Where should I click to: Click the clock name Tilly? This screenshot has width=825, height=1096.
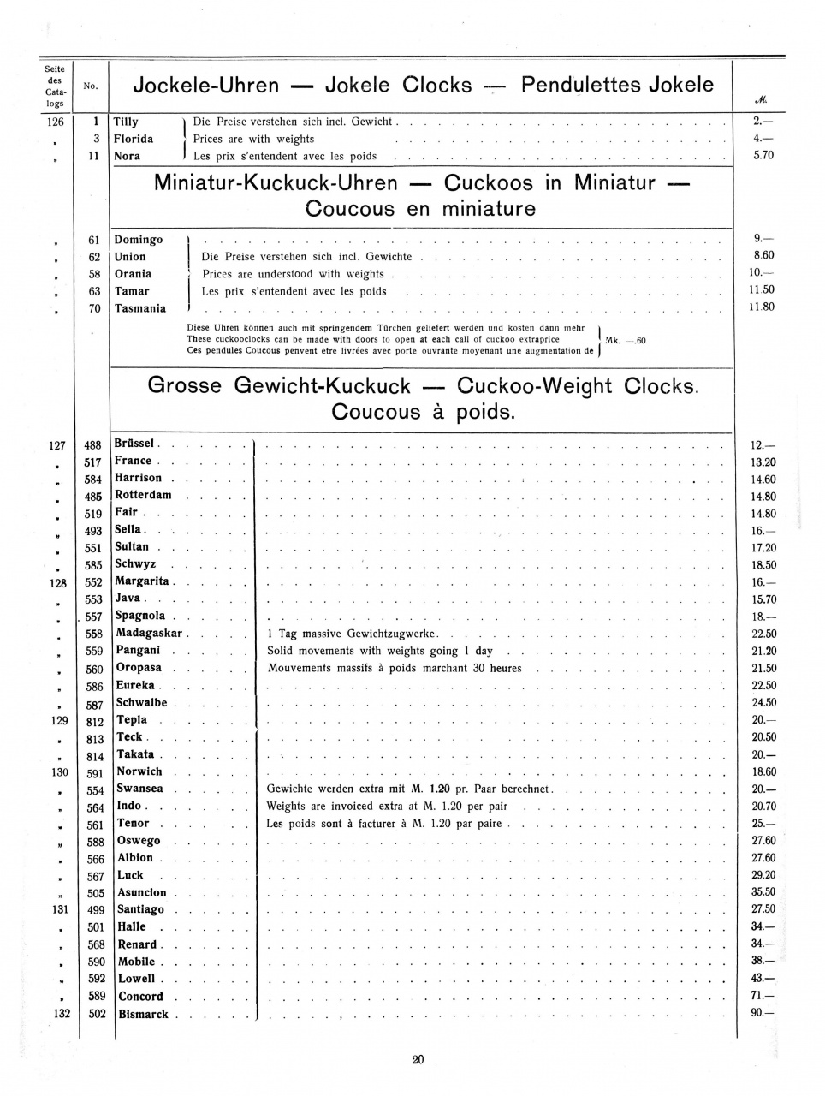click(126, 122)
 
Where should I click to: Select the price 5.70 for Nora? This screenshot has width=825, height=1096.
click(763, 156)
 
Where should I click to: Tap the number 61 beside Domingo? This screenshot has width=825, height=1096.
click(94, 241)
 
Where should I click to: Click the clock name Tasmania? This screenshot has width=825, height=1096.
click(140, 309)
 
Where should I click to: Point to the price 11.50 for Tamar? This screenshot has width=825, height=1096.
click(763, 290)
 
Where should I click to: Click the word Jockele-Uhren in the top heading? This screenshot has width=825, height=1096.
click(206, 86)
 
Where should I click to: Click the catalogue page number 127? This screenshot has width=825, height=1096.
click(56, 445)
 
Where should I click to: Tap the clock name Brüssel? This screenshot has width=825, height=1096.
click(134, 444)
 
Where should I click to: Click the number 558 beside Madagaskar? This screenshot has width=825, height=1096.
click(94, 634)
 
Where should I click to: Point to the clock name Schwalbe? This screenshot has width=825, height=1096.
click(142, 703)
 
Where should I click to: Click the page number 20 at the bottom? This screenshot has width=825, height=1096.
click(418, 1060)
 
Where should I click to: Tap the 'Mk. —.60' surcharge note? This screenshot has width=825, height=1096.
click(626, 341)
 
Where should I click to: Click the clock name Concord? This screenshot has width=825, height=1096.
click(140, 997)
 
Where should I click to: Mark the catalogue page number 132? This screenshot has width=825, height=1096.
click(62, 1015)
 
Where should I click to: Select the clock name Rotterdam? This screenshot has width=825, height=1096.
click(143, 496)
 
